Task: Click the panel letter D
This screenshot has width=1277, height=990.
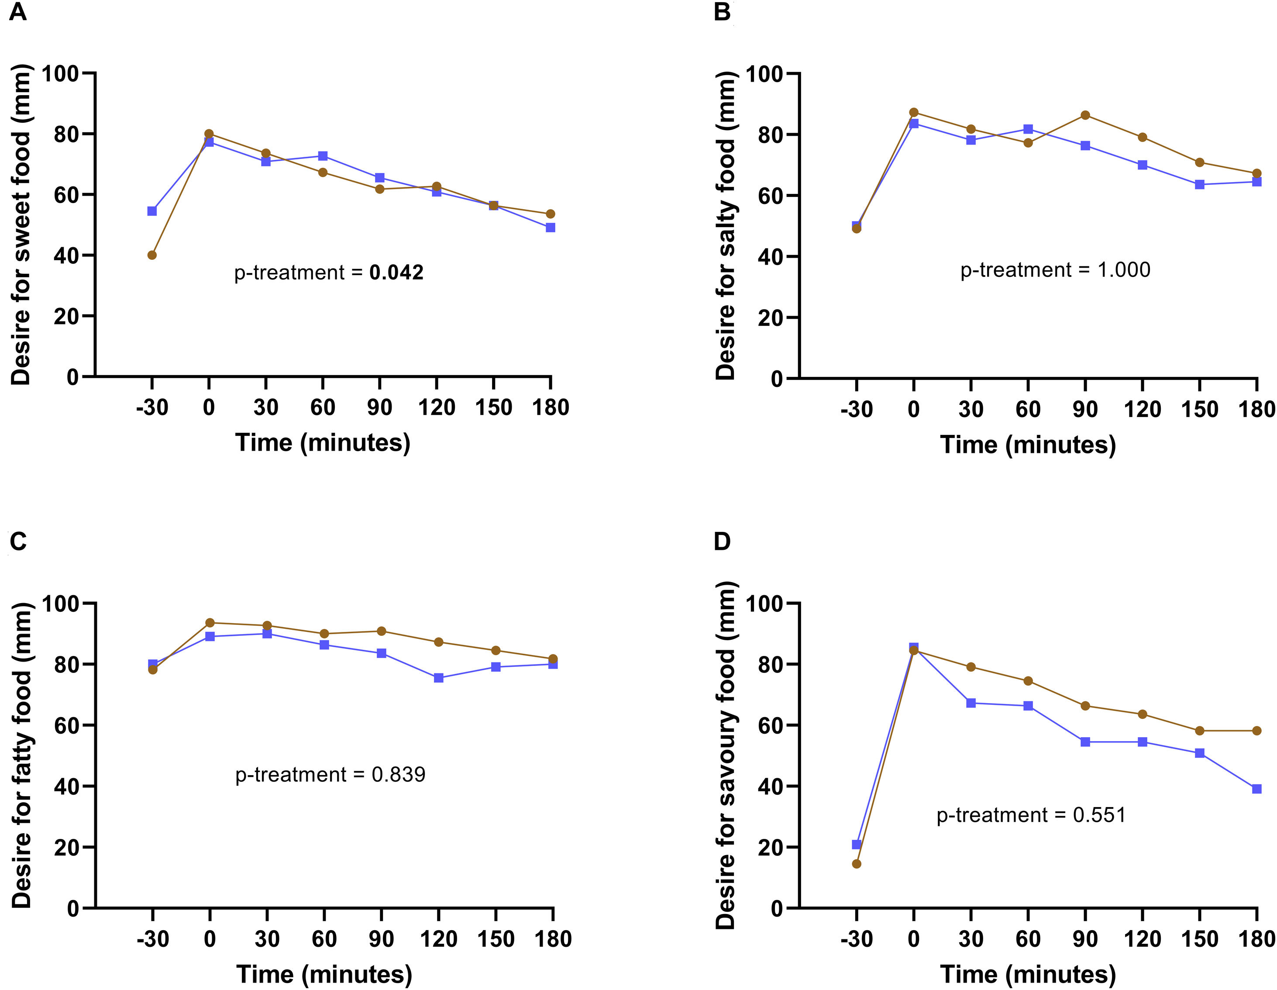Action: [722, 541]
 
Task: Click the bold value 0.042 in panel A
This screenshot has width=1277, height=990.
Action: [396, 273]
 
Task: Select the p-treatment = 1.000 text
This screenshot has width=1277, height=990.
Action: [1055, 269]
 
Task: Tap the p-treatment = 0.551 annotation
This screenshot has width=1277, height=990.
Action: [1031, 814]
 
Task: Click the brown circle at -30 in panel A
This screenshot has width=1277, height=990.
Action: [152, 255]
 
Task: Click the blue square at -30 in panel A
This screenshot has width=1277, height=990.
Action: [152, 211]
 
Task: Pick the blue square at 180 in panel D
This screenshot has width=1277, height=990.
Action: [1256, 789]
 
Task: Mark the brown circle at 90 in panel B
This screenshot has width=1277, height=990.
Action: [1085, 115]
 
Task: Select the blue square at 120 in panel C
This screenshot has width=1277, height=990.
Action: [438, 678]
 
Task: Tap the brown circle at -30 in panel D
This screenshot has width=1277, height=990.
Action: [857, 864]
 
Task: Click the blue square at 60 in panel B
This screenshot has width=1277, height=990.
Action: [1028, 129]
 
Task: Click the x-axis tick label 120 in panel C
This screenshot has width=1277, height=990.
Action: [438, 938]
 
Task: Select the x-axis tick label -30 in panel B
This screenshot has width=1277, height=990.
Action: [856, 409]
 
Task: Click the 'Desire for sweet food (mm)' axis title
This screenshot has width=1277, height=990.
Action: [21, 225]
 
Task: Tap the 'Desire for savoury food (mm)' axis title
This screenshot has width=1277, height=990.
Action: [725, 755]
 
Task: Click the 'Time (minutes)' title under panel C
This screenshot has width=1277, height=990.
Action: [324, 974]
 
